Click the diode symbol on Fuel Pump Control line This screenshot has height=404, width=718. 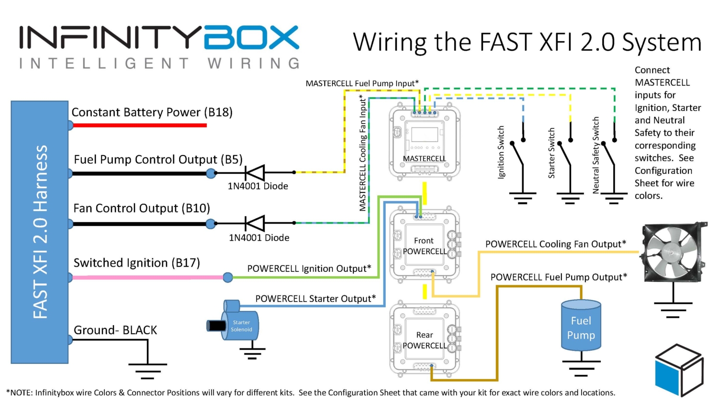click(x=255, y=172)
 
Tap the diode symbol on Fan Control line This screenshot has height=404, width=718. click(x=255, y=223)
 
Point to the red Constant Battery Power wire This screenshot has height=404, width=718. click(x=139, y=125)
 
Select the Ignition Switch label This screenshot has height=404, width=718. click(x=501, y=152)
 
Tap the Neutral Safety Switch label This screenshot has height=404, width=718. click(x=596, y=155)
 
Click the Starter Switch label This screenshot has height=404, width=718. click(x=551, y=153)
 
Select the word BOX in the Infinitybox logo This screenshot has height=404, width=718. click(x=251, y=38)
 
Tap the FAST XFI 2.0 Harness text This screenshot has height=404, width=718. click(x=40, y=232)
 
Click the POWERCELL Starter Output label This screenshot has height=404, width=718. click(x=315, y=299)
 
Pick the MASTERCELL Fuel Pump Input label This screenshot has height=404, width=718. click(x=362, y=83)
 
